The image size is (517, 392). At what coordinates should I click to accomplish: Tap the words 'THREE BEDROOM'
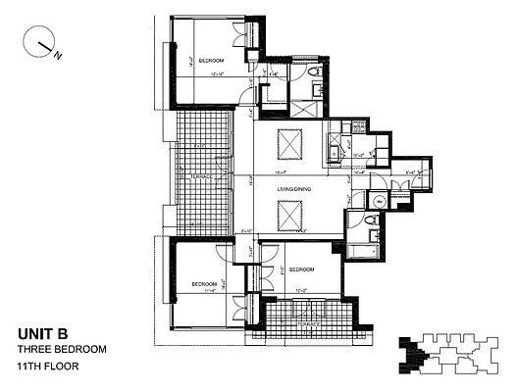click(62, 349)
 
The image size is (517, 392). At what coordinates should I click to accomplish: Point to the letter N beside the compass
click(58, 55)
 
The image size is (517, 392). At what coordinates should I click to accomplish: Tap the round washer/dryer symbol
click(379, 201)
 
